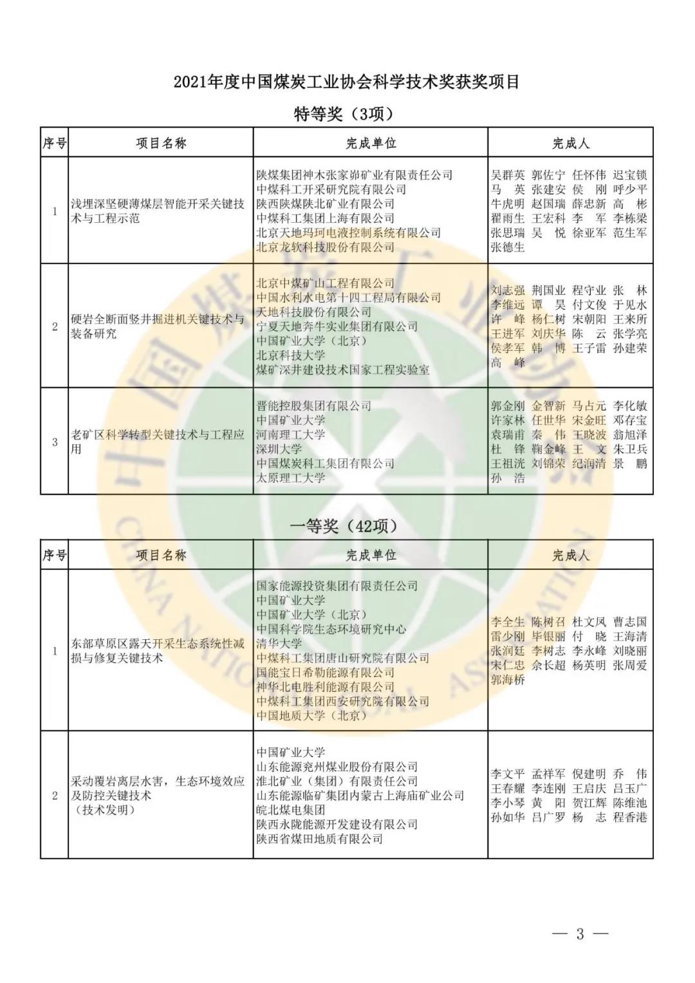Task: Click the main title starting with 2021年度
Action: coord(346,83)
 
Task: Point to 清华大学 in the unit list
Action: coord(279,644)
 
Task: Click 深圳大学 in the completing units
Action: coord(279,449)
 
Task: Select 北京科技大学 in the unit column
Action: coord(291,355)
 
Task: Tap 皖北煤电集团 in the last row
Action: coord(291,810)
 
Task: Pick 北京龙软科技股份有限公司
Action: coord(325,247)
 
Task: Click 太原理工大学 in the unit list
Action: coord(291,478)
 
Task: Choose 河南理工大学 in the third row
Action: coord(291,435)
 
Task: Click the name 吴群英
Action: coord(508,175)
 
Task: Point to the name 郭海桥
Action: coord(508,680)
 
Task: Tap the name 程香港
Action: coord(630,818)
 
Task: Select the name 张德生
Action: coord(508,247)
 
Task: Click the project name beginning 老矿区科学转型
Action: coord(158,442)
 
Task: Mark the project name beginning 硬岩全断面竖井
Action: coord(158,326)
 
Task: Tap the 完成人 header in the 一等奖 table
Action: coord(571,555)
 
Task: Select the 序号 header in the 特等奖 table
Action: coord(55,143)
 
